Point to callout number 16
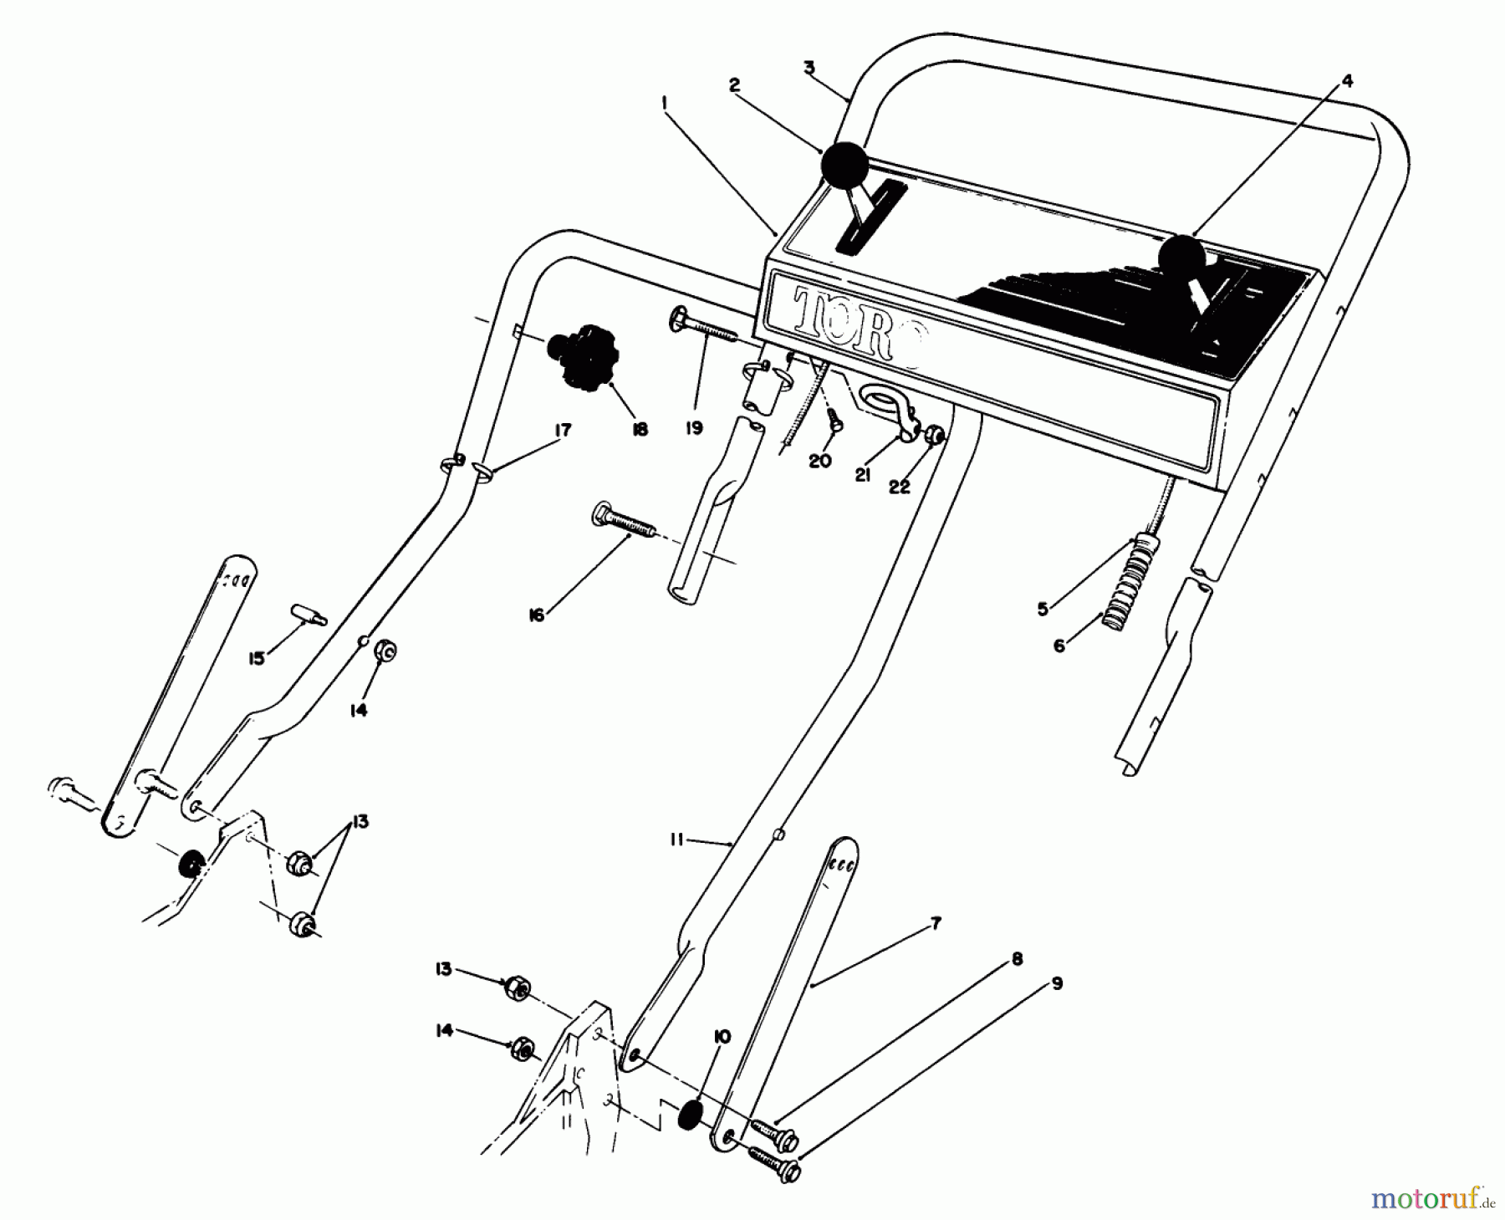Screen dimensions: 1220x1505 coord(536,615)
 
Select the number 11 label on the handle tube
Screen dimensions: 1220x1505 coord(676,840)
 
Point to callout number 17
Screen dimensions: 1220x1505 coord(562,430)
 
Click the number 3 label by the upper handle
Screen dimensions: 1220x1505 coord(809,68)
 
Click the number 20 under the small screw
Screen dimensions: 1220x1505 coord(820,461)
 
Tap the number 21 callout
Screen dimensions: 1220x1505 coord(863,474)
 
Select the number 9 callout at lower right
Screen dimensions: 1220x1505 coord(1057,983)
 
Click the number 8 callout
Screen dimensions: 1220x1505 coord(1017,959)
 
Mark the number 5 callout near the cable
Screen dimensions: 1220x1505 coord(1043,609)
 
